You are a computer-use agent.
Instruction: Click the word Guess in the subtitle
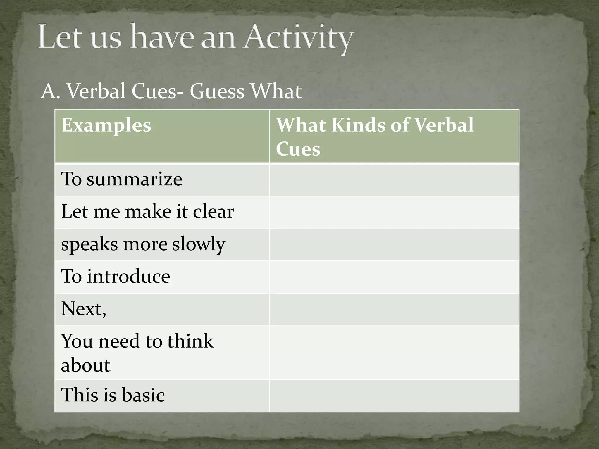tap(217, 91)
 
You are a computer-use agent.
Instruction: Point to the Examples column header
tap(106, 125)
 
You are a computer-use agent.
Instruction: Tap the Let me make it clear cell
tap(147, 211)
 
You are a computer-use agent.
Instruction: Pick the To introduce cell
tap(116, 276)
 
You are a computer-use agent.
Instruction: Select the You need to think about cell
tap(137, 353)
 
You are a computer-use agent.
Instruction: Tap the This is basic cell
tap(113, 395)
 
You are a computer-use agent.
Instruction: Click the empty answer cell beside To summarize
tap(394, 180)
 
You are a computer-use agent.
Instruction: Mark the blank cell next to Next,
tap(394, 309)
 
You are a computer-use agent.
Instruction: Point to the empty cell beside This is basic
tap(394, 396)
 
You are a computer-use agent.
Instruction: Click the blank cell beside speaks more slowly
tap(394, 244)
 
